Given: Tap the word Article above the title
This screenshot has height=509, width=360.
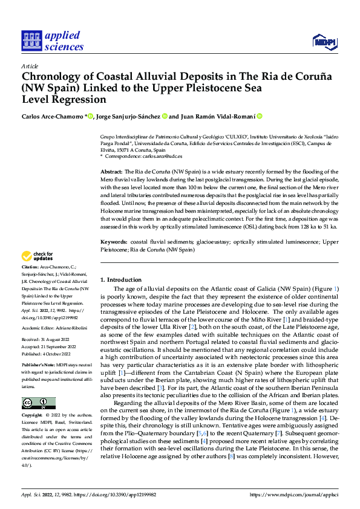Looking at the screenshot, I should tap(30, 66).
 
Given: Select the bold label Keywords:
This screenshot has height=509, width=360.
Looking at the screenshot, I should tap(113, 242).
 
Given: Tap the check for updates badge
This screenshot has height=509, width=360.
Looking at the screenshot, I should tap(39, 256).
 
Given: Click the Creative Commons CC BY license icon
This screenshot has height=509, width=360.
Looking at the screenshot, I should tap(38, 403).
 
